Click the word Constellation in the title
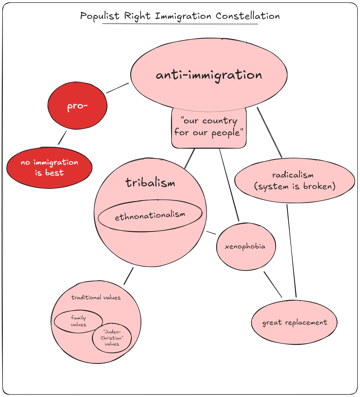(x=248, y=16)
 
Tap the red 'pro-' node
(x=77, y=106)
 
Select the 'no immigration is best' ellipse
(x=49, y=168)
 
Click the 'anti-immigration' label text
(x=209, y=75)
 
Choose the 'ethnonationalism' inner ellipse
(x=150, y=216)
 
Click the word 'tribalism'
(x=150, y=183)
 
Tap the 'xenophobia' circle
(x=246, y=247)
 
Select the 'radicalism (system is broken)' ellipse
(x=294, y=181)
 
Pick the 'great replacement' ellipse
(x=294, y=322)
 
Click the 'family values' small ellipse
(x=78, y=321)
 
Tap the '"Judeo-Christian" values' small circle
(x=112, y=338)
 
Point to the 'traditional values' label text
(x=96, y=297)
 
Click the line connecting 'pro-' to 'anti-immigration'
(x=118, y=88)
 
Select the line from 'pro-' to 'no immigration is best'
(x=62, y=138)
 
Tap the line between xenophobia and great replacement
(x=273, y=285)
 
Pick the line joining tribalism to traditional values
(x=129, y=276)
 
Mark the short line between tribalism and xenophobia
(x=211, y=233)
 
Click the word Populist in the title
(x=100, y=16)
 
